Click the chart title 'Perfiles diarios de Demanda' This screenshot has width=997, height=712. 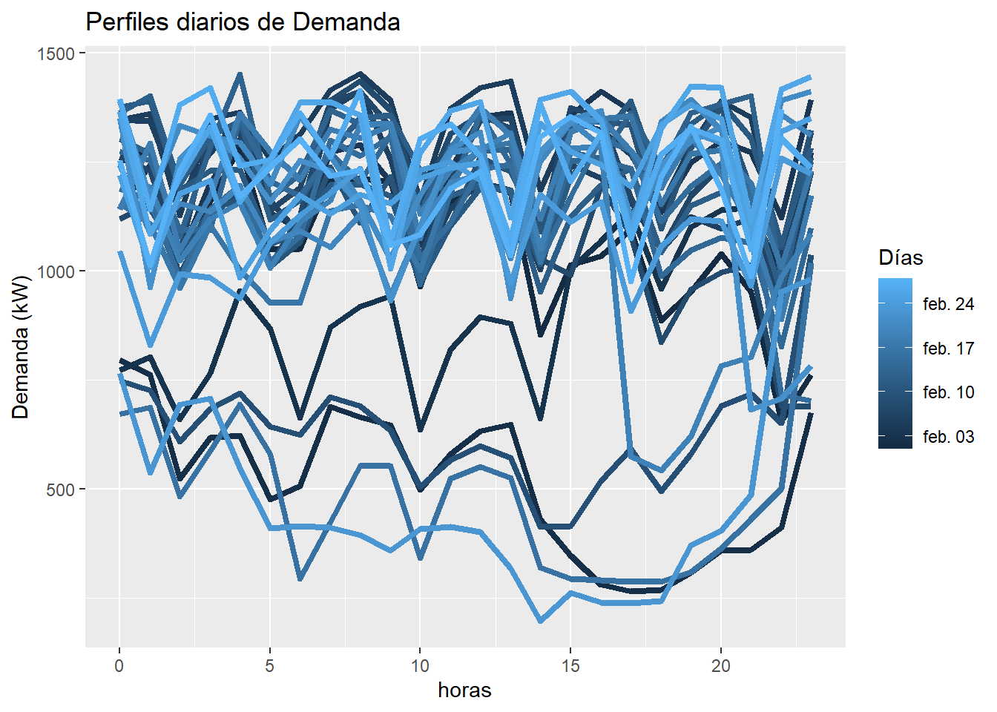tap(243, 22)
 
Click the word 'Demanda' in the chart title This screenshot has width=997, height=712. tap(346, 22)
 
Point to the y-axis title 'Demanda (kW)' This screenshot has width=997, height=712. tap(21, 347)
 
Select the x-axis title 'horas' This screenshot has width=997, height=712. tap(464, 690)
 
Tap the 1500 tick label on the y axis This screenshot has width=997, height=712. tap(56, 54)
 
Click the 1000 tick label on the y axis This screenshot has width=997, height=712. tap(56, 271)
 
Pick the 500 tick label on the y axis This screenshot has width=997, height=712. tap(60, 489)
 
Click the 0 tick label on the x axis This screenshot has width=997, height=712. tap(119, 666)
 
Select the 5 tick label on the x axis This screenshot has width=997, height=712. tap(269, 666)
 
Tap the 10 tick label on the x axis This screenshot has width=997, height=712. tap(420, 666)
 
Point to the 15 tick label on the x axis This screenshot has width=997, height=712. tap(570, 666)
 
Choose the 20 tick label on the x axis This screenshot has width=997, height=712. tap(720, 666)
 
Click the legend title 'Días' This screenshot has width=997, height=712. tap(901, 257)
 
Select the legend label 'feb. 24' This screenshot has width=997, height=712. tap(948, 304)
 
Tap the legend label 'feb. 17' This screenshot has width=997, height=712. tap(948, 349)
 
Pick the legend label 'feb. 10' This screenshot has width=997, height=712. tap(948, 392)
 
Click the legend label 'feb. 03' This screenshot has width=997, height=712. tap(948, 437)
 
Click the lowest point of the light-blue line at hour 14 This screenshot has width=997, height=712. tap(540, 621)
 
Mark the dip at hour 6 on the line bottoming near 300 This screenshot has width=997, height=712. tap(300, 578)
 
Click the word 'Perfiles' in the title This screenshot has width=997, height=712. tap(128, 22)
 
